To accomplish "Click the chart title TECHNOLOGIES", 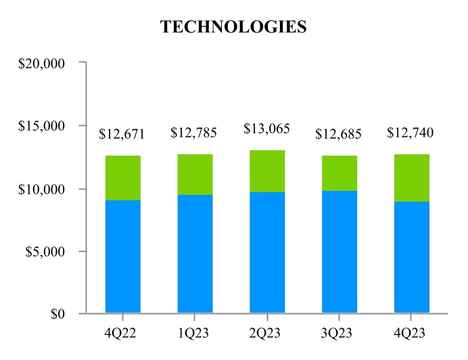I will (233, 27).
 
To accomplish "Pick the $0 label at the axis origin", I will (57, 315).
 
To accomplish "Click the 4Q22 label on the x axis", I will (122, 334).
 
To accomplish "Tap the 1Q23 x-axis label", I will (195, 334).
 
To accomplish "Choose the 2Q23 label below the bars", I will (266, 334).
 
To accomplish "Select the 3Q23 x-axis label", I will (338, 334).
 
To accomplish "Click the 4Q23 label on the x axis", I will (411, 334).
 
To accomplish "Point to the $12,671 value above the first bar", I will (122, 133).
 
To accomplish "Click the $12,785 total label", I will (194, 133).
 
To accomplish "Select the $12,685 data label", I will (338, 133).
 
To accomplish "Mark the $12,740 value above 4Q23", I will (410, 133).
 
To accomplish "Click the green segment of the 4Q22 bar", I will (123, 178).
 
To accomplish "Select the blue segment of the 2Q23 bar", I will (267, 252).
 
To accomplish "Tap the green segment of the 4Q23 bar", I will (411, 178).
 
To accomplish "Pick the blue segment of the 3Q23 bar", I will (339, 252).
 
